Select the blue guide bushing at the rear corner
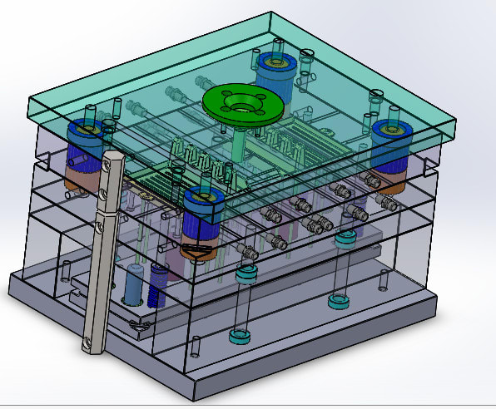[x=277, y=67]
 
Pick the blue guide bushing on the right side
[x=389, y=131]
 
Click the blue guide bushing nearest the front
[x=202, y=200]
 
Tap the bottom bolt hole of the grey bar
[x=89, y=341]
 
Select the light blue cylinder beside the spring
[x=133, y=285]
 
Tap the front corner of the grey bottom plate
[x=194, y=397]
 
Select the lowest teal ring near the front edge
[x=240, y=337]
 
